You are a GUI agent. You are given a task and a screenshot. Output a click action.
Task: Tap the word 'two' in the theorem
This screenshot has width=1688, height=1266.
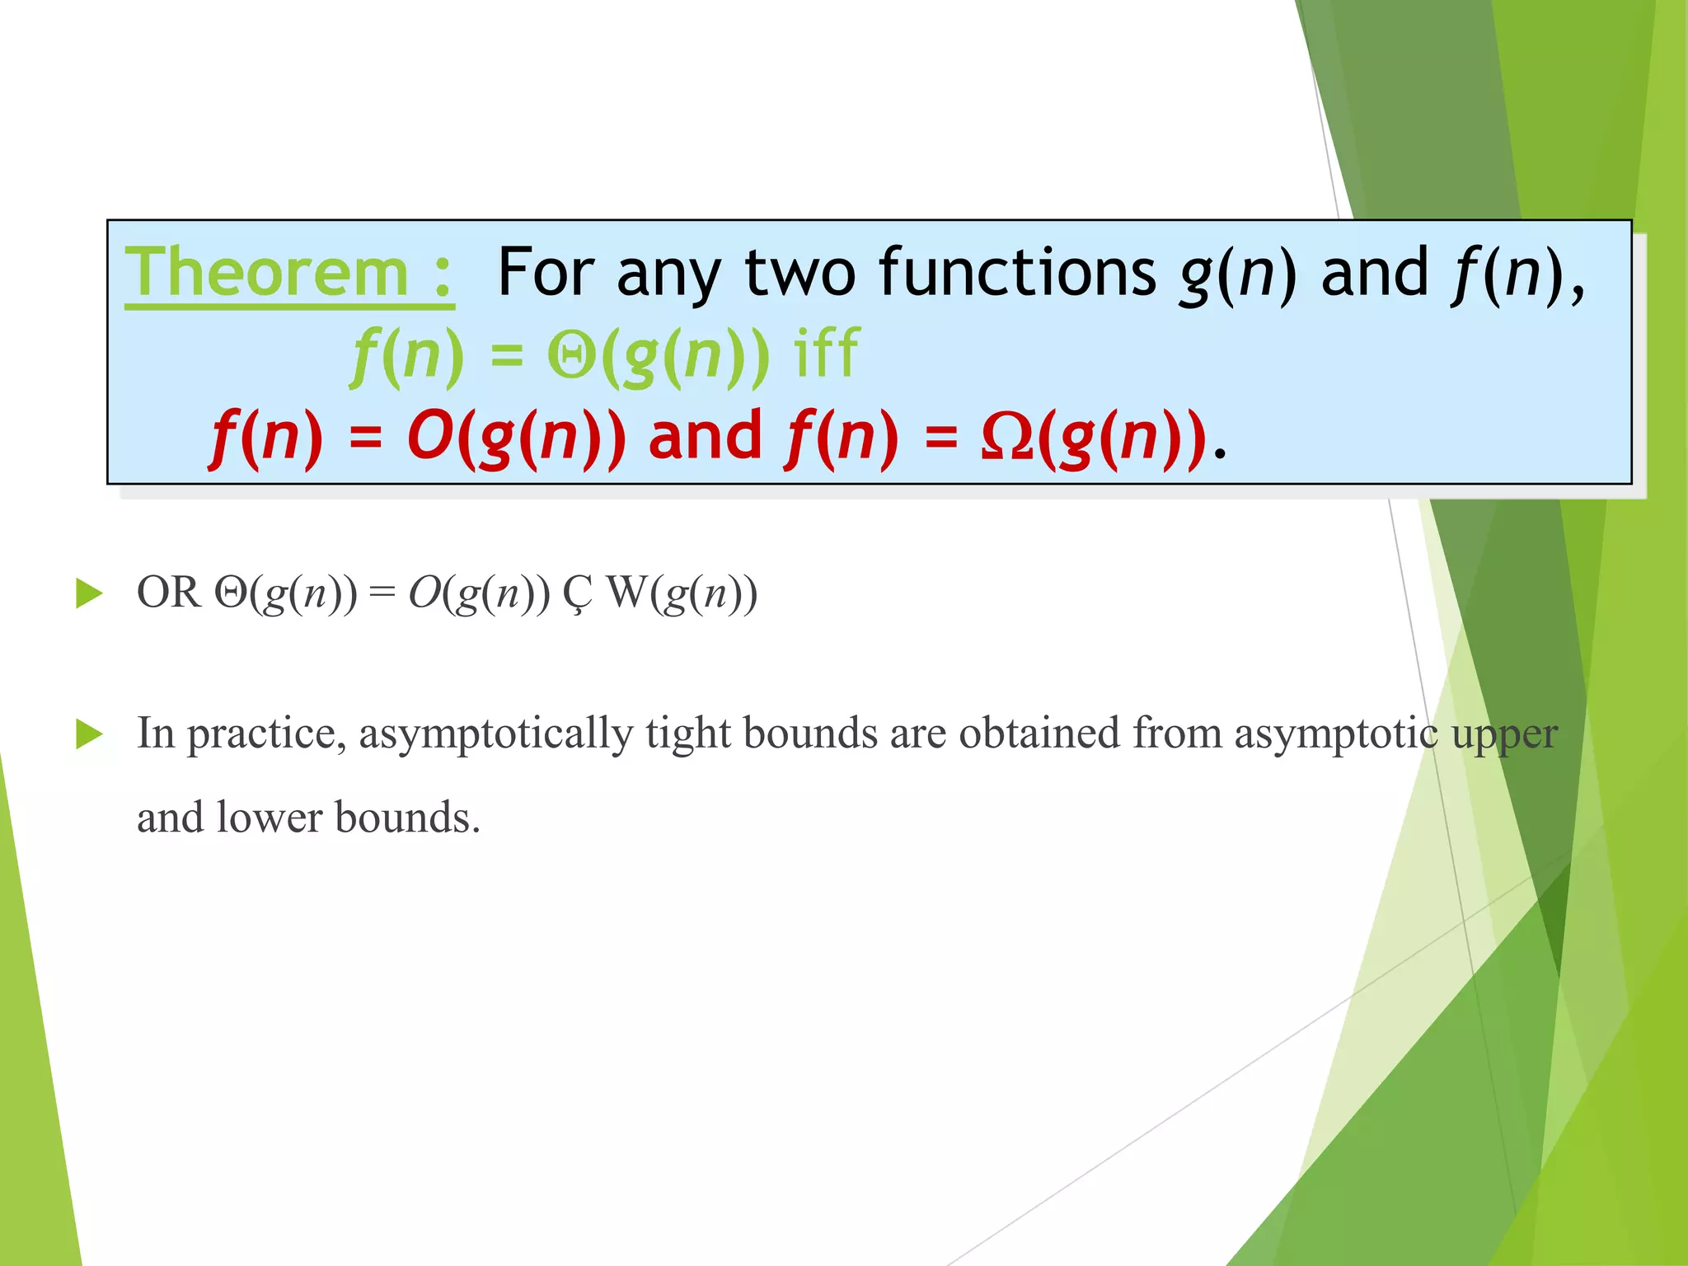click(799, 273)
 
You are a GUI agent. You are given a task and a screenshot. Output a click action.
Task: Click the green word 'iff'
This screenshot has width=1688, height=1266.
click(826, 354)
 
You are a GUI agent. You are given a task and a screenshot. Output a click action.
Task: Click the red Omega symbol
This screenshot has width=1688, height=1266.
click(1006, 438)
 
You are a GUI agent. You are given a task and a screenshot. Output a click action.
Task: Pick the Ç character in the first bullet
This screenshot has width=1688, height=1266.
click(577, 594)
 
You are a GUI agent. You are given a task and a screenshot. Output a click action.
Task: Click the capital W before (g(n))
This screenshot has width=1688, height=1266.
click(626, 593)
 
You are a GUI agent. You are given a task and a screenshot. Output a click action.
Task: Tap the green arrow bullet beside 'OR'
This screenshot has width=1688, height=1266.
click(88, 593)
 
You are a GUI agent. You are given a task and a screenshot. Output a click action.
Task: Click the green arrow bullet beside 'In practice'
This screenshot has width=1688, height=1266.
click(88, 734)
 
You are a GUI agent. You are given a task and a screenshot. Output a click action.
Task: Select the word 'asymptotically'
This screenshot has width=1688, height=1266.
click(495, 734)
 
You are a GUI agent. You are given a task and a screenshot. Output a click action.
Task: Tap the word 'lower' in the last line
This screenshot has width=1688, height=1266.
click(270, 818)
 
